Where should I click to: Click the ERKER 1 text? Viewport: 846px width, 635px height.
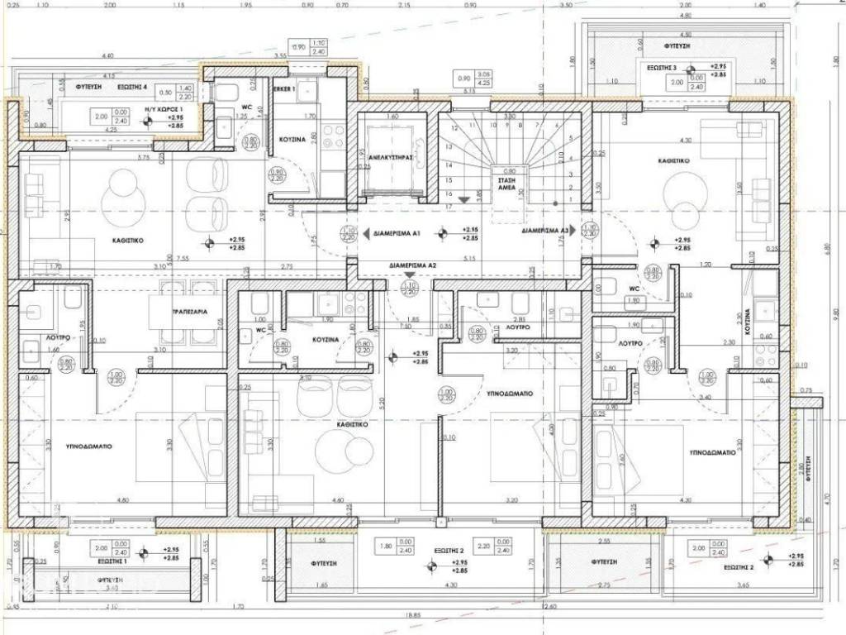coord(283,88)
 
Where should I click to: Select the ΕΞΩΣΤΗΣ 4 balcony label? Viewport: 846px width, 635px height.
coord(131,86)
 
